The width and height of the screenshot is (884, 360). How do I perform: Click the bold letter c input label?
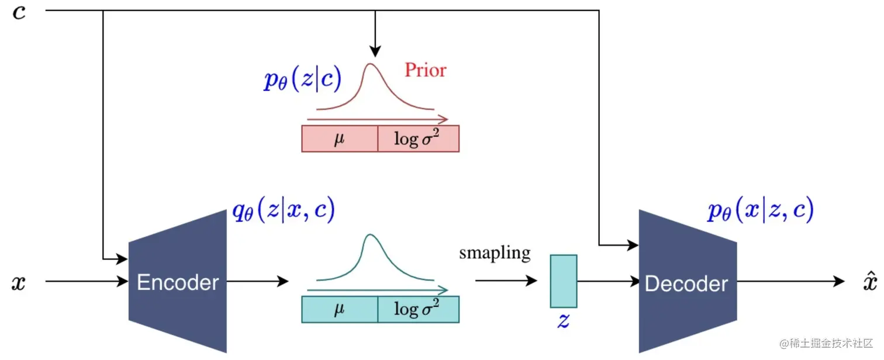(x=19, y=12)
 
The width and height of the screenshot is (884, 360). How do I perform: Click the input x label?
(x=19, y=283)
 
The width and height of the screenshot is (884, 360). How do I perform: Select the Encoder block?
(x=177, y=283)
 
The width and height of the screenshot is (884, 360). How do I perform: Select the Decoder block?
(x=686, y=283)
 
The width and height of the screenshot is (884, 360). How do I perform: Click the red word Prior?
(x=425, y=71)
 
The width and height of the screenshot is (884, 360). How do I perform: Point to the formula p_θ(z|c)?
(x=302, y=79)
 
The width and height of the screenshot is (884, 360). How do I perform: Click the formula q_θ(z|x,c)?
(x=284, y=210)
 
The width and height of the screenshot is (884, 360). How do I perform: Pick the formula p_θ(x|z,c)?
(x=760, y=210)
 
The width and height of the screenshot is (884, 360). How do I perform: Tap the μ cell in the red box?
(x=339, y=139)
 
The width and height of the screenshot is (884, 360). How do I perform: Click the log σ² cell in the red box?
(x=418, y=139)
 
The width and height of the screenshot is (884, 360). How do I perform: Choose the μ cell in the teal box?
(x=339, y=310)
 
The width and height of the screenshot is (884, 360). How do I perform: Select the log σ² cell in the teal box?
(x=418, y=310)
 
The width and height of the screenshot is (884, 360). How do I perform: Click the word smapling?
(x=495, y=253)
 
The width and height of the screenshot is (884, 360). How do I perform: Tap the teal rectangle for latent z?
(x=563, y=281)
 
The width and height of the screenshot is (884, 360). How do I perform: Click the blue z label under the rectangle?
(x=563, y=321)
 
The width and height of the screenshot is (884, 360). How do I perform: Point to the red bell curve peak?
(x=370, y=65)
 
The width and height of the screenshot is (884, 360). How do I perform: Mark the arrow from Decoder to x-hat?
(x=789, y=282)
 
